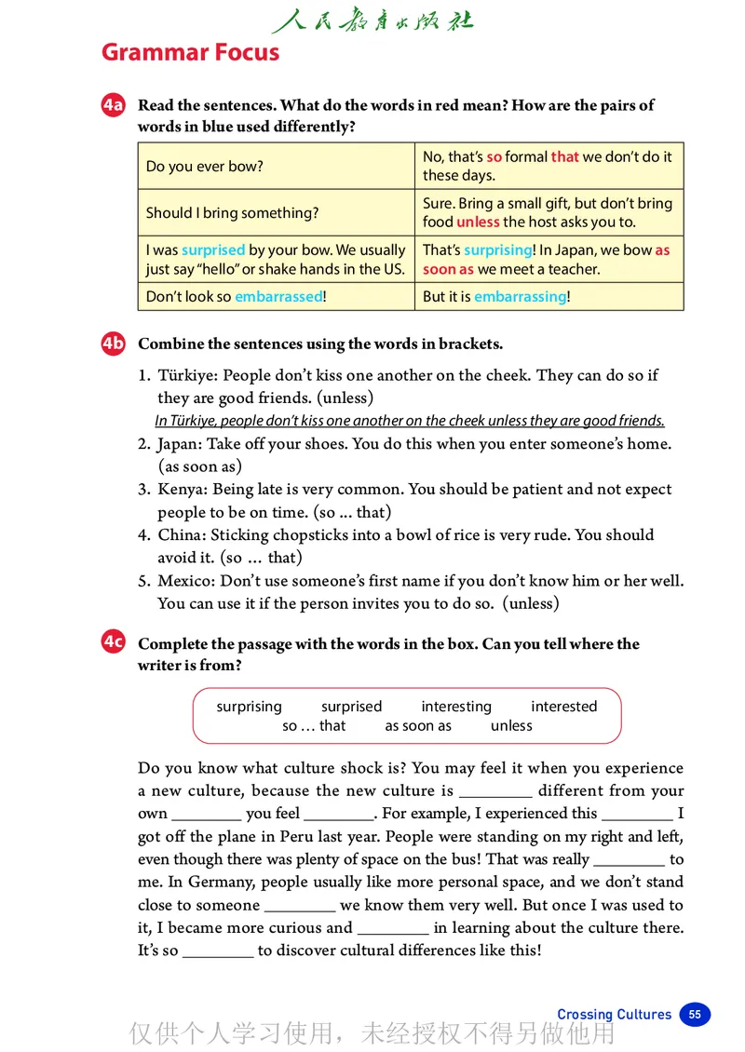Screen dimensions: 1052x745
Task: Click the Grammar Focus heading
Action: point(190,52)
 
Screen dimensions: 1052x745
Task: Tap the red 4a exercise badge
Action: point(113,105)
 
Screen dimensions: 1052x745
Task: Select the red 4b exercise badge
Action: point(113,344)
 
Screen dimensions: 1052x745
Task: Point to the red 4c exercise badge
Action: point(113,642)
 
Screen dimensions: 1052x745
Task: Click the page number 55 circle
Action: point(695,1014)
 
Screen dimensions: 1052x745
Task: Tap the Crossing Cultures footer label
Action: point(614,1014)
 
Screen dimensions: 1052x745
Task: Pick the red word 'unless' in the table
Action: point(478,223)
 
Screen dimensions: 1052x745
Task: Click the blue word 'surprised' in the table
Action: point(213,250)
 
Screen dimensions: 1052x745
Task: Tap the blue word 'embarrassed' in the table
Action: point(278,297)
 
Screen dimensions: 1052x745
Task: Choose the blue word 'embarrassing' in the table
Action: point(520,297)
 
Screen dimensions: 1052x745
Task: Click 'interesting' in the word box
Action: point(456,707)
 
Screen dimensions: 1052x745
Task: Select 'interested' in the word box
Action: point(563,707)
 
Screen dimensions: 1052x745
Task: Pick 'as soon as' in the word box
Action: point(418,726)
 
